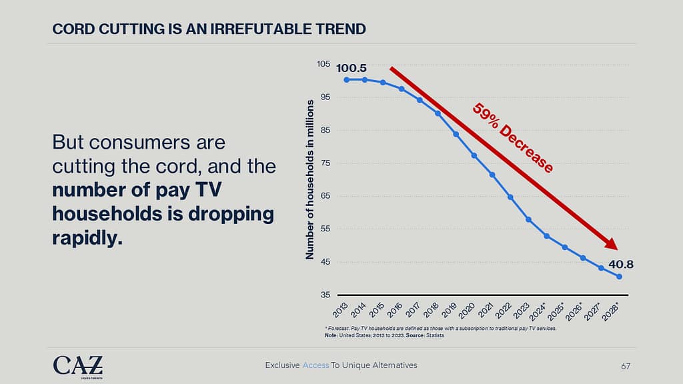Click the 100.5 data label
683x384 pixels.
[x=351, y=68]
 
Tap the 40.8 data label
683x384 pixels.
[x=620, y=264]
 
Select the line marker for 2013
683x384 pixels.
[x=347, y=80]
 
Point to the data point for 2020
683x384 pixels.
[x=474, y=155]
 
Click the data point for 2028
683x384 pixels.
[x=620, y=277]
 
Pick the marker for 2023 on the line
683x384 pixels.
[x=528, y=219]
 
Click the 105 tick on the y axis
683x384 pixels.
[x=323, y=64]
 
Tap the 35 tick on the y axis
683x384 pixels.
[x=325, y=295]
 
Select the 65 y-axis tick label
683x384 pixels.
[x=325, y=196]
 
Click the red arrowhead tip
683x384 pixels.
[x=614, y=248]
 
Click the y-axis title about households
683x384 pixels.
[x=310, y=180]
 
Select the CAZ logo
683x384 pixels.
[x=78, y=365]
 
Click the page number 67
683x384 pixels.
[x=625, y=365]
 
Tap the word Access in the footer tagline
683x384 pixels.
[x=315, y=365]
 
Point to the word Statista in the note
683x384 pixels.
[x=434, y=335]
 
